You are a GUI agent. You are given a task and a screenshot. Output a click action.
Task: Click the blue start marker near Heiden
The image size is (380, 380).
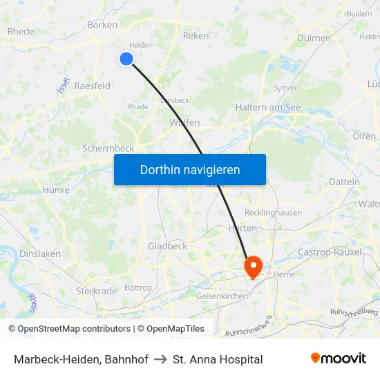click(x=126, y=59)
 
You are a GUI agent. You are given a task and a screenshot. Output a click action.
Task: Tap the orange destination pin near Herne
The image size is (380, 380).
click(x=253, y=266)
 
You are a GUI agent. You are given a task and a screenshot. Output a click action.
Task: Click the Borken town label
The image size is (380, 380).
click(x=102, y=25)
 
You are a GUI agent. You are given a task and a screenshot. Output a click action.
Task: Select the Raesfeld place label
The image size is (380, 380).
click(x=93, y=86)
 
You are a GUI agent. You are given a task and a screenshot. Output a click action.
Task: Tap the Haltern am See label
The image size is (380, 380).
click(x=267, y=107)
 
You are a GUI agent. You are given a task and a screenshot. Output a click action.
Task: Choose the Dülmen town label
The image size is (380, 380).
click(x=314, y=38)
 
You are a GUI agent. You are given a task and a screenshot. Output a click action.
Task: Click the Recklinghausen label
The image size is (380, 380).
click(x=274, y=212)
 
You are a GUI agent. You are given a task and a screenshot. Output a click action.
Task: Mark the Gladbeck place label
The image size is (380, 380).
click(x=167, y=246)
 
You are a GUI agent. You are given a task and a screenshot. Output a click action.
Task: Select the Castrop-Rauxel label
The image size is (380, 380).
click(x=330, y=252)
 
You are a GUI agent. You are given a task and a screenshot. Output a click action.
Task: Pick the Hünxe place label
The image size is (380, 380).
click(x=56, y=189)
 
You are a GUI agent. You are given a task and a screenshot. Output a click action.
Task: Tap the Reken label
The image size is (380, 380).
click(x=196, y=35)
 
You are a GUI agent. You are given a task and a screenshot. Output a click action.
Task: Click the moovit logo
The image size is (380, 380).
click(x=338, y=359)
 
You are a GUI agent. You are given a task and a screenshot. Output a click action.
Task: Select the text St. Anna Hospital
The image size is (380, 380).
click(x=218, y=359)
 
